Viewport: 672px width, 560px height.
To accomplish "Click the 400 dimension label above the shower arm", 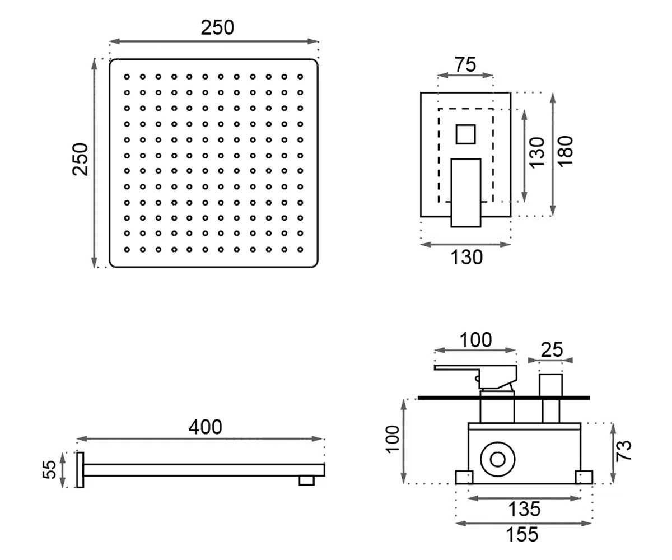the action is (x=206, y=427).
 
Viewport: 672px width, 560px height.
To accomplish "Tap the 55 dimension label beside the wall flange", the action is (x=50, y=470).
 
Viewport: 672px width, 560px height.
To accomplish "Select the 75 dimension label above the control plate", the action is (x=465, y=64).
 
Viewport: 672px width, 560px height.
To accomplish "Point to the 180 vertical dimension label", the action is (x=565, y=152).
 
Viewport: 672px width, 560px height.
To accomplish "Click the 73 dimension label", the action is (x=623, y=451).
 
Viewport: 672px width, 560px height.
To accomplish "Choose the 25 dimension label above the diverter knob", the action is (x=552, y=350).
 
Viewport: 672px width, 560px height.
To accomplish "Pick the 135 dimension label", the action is (x=524, y=509).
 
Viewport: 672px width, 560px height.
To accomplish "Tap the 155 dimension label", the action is (x=522, y=534).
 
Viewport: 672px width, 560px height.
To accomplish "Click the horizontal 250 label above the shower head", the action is (x=217, y=27).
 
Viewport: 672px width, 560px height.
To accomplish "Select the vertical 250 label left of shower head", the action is (x=80, y=159).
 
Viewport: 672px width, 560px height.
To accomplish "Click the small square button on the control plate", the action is (x=466, y=134).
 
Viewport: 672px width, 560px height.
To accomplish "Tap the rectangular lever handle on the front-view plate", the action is (x=466, y=193).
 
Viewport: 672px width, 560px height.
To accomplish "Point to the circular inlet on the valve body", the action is (x=498, y=460).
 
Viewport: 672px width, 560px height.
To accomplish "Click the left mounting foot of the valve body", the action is (x=464, y=477).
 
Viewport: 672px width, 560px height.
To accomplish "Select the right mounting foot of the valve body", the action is (x=584, y=477).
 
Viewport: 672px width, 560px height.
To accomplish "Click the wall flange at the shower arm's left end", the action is (x=80, y=470).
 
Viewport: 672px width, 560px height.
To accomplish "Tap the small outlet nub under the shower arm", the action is (x=306, y=480).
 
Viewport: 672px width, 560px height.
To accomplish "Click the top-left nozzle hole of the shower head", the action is (x=127, y=77).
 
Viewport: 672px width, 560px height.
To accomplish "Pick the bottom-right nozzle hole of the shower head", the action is (x=300, y=249).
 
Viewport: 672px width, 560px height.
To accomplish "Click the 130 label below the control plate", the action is (x=466, y=258).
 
